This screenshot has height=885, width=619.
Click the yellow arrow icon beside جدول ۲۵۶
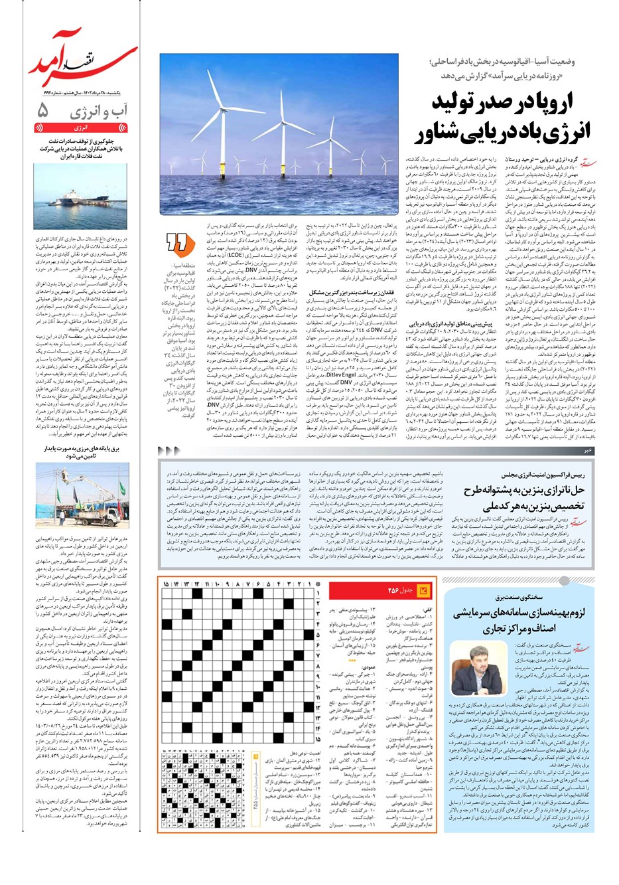423,590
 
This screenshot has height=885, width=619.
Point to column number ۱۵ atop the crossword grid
166,584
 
